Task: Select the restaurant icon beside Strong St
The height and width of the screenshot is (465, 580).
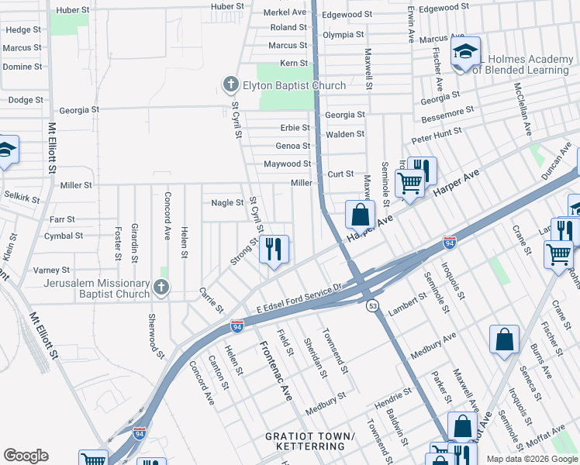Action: coord(274,249)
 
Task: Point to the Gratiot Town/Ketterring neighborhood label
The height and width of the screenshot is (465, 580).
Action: coord(309,442)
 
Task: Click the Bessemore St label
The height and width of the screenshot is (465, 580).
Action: coord(447,115)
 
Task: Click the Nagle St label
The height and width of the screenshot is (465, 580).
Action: coord(227,203)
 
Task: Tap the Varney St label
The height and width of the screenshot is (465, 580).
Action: coord(52,270)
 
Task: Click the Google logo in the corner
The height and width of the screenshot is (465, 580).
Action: coord(26,456)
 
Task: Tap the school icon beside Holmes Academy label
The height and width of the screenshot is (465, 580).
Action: coord(465,53)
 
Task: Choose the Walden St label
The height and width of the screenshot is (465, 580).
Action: coord(345,134)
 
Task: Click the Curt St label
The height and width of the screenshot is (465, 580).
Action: coord(340,174)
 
